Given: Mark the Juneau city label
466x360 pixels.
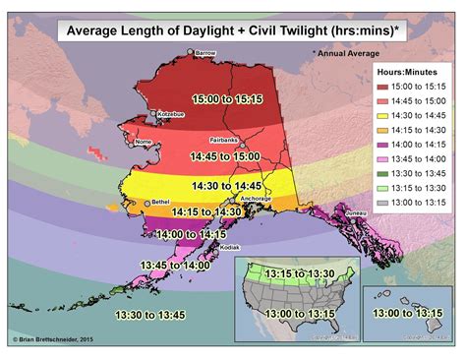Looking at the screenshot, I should click(359, 211).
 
